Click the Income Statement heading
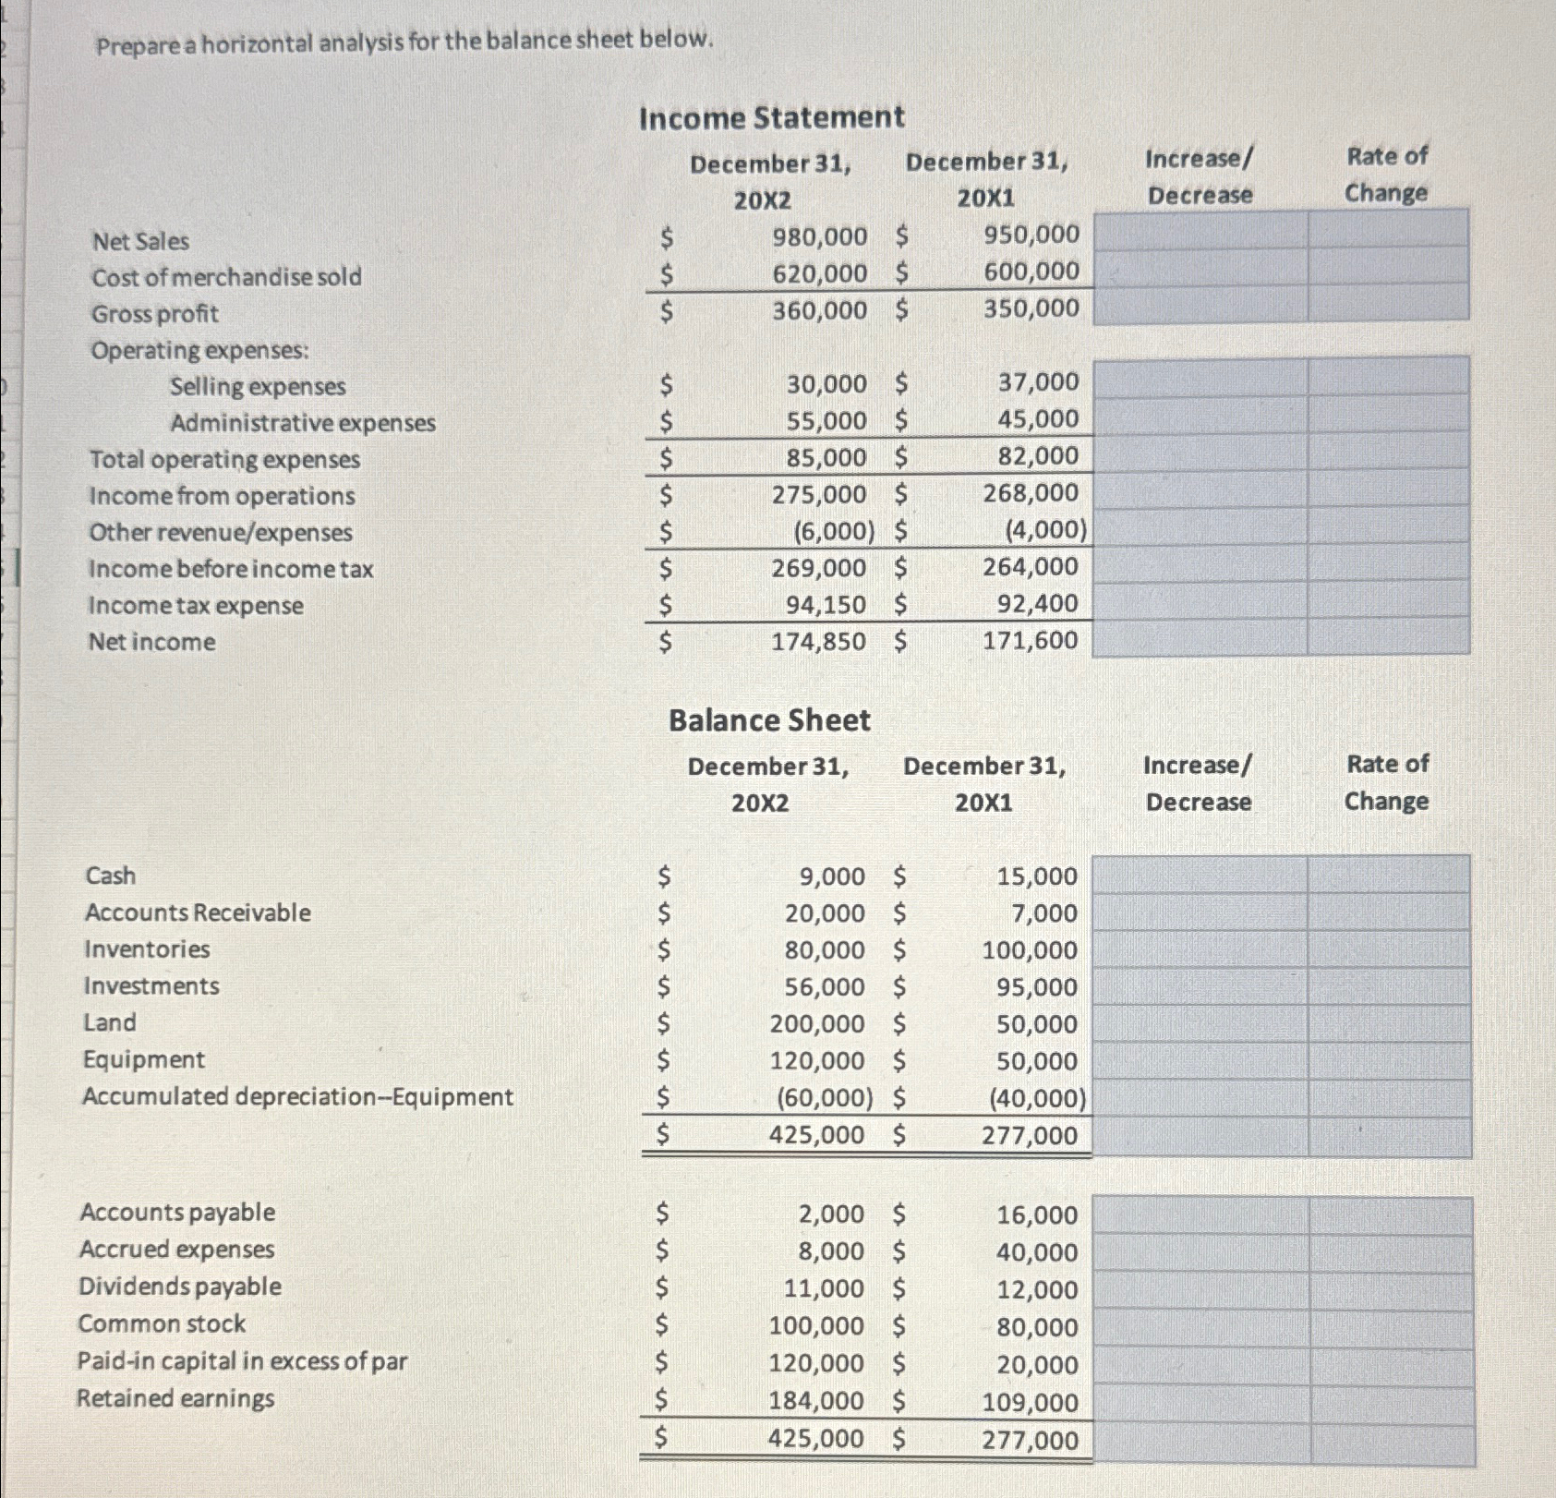[x=771, y=117]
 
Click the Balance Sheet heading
[x=769, y=720]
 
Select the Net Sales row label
[x=140, y=241]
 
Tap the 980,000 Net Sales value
[x=819, y=236]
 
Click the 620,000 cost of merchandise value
[x=819, y=273]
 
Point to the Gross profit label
[x=154, y=314]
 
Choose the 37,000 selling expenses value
[x=1037, y=381]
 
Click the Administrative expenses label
[x=302, y=423]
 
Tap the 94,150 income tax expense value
[x=826, y=605]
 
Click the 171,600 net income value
[x=1030, y=640]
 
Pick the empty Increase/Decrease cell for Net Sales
[x=1200, y=230]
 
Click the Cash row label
[x=110, y=876]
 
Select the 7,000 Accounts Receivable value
[x=1043, y=913]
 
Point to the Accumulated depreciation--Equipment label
[x=297, y=1097]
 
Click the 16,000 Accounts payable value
[x=1036, y=1215]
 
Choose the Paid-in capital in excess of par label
[x=242, y=1361]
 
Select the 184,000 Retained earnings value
[x=816, y=1401]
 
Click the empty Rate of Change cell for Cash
[x=1388, y=875]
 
